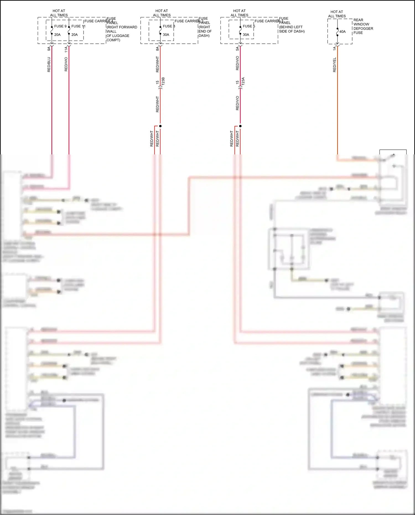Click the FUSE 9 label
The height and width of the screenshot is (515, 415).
point(60,26)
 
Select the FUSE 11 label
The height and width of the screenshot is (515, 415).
point(78,26)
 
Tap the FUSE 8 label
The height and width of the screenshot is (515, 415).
point(169,26)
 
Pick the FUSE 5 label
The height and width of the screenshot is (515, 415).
point(249,26)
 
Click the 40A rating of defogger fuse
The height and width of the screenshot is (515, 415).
point(343,32)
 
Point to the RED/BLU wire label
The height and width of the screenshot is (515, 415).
point(49,64)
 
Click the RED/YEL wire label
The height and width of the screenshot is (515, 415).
point(334,65)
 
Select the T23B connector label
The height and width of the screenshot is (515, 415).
point(163,83)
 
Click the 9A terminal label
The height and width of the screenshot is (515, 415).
point(49,48)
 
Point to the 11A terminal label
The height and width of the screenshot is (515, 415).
point(66,49)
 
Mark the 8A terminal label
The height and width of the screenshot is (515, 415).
point(157,48)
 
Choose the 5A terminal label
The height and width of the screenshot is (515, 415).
point(237,48)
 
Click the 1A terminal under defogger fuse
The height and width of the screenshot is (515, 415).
point(334,48)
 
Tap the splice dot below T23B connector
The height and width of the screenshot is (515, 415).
point(160,126)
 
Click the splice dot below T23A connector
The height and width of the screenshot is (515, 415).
point(240,126)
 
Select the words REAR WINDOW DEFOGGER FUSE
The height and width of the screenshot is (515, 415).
point(363,26)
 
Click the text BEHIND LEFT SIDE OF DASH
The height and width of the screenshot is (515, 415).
point(292,29)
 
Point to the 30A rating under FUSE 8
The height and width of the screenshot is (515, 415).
point(166,35)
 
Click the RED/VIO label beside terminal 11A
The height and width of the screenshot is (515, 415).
point(66,64)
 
